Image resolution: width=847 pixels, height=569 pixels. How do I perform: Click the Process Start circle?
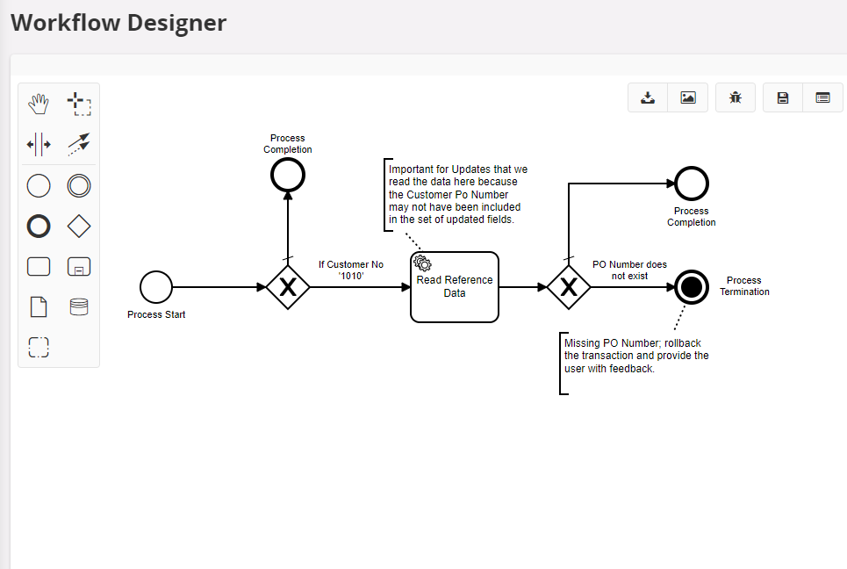[156, 287]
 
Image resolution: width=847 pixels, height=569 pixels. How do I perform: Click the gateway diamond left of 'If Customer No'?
[288, 287]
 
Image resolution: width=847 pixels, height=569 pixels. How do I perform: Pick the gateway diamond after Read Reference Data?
[568, 287]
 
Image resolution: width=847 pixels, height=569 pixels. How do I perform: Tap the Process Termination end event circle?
[692, 287]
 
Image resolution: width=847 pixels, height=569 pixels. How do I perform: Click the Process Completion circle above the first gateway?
[287, 175]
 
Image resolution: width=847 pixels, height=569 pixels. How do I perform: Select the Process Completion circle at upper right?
[692, 184]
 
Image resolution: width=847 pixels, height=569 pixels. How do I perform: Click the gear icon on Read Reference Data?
[422, 263]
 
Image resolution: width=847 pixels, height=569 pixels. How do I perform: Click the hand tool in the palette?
[39, 104]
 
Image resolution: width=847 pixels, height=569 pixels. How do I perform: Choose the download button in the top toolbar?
[648, 98]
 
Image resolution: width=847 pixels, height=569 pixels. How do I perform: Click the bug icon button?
[736, 98]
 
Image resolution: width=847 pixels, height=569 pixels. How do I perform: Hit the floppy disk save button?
[783, 98]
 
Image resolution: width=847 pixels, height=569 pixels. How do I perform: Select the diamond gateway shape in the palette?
[79, 227]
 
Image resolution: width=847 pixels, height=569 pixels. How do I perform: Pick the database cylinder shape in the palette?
[79, 306]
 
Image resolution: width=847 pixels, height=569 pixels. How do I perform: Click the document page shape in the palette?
[39, 306]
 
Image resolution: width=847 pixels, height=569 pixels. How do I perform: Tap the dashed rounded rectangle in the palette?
[39, 347]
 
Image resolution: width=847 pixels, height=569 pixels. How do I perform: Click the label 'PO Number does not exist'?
[629, 270]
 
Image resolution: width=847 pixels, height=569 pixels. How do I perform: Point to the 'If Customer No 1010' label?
[351, 270]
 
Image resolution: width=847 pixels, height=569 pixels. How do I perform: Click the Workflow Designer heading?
[118, 23]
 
